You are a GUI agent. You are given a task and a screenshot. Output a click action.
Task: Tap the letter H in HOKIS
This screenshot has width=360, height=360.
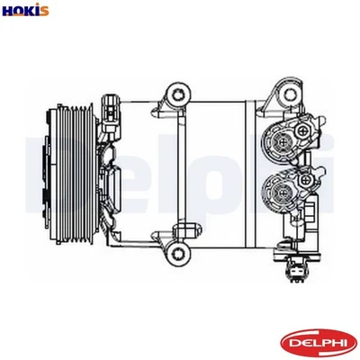[8, 11]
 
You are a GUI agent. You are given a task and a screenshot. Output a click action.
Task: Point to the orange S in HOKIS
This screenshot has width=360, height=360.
[44, 11]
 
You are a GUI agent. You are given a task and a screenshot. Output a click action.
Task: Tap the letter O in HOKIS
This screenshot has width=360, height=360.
[19, 11]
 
